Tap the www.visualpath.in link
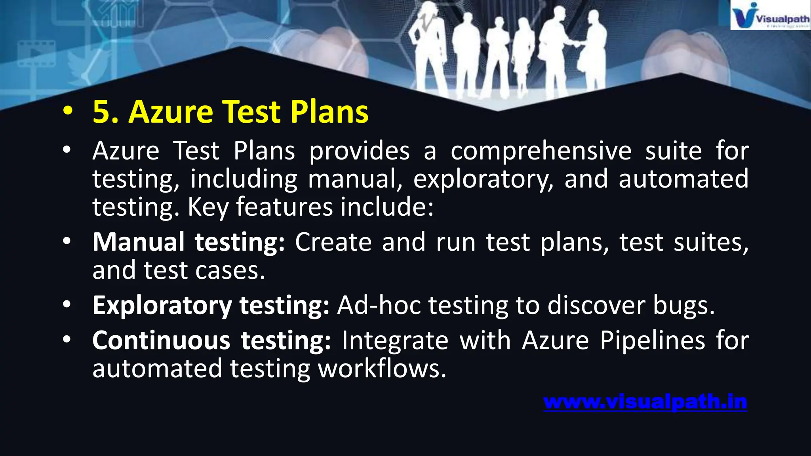tap(645, 402)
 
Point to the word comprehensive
tap(541, 151)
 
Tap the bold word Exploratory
tap(162, 306)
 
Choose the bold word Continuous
tap(161, 340)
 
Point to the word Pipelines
tap(652, 340)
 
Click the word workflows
tap(382, 369)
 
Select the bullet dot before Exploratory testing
tap(67, 304)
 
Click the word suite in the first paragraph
tap(673, 151)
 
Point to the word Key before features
tap(208, 207)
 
